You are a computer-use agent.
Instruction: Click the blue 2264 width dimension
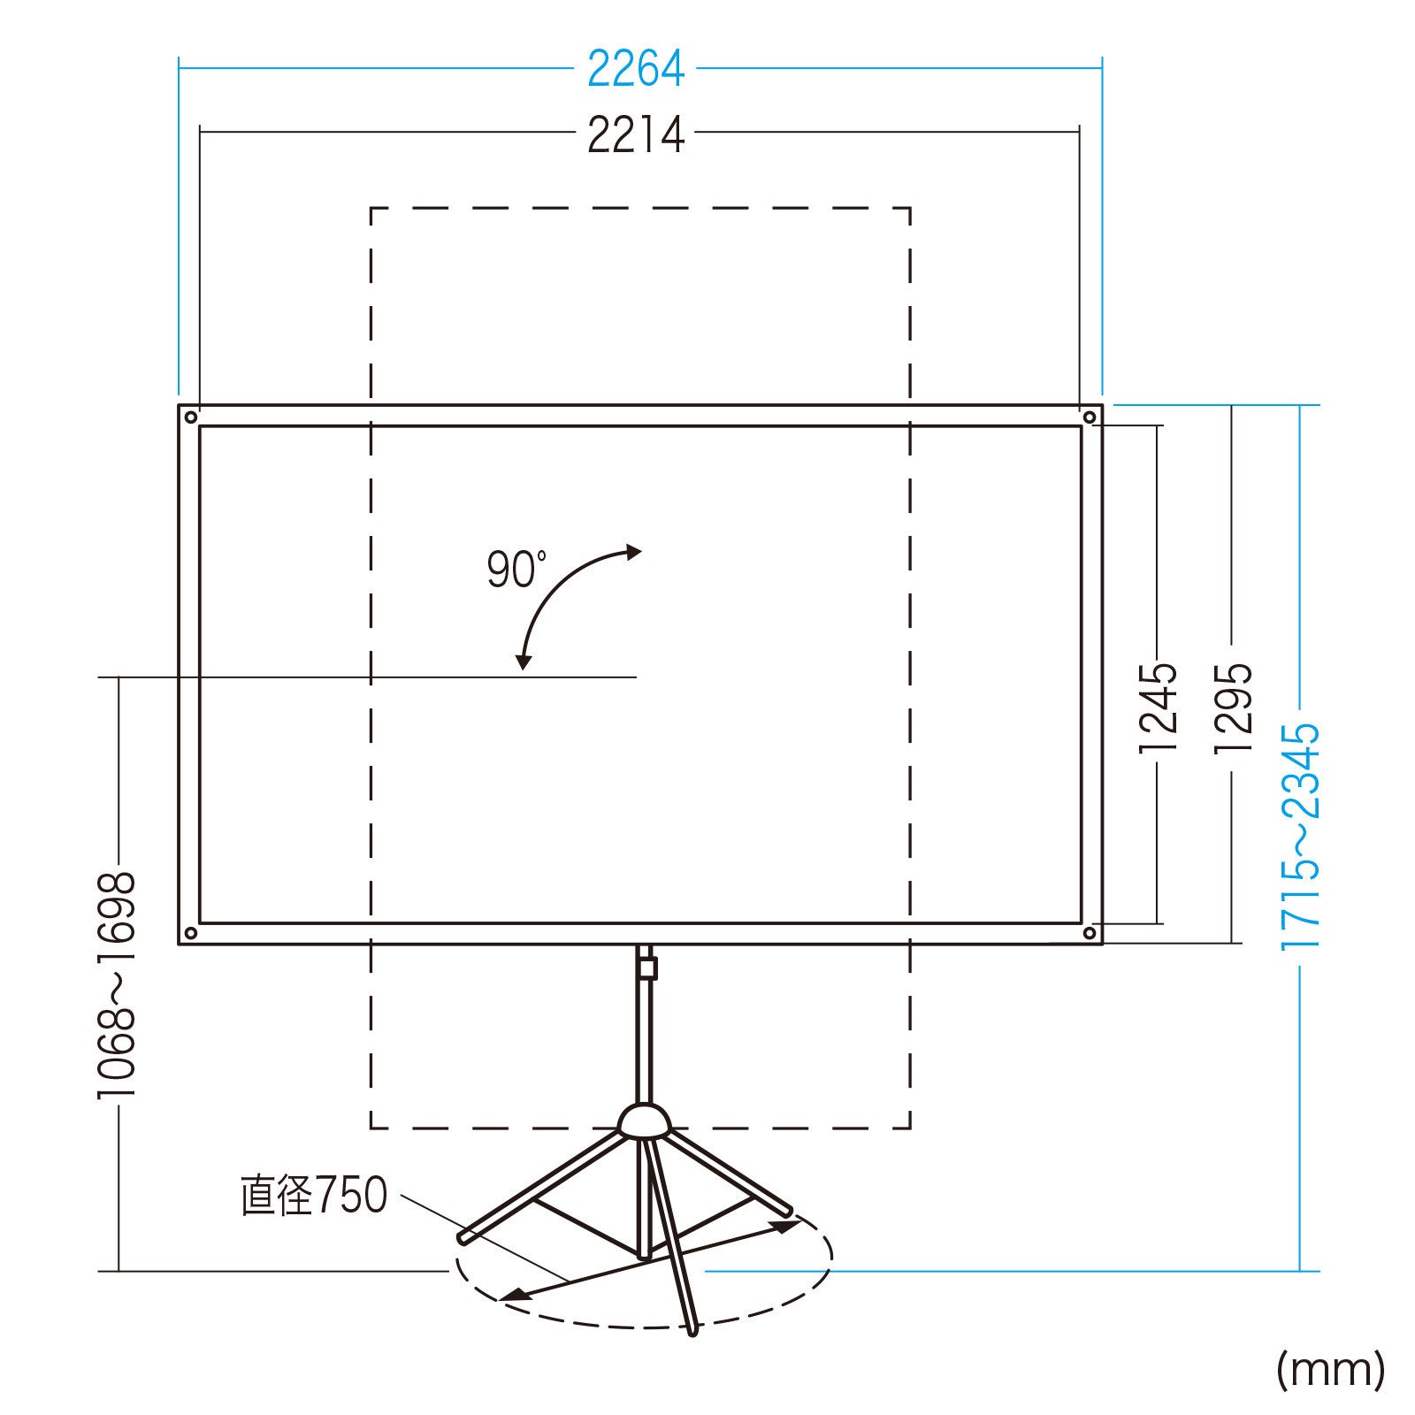click(x=636, y=68)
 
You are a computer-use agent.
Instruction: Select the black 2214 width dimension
click(x=636, y=135)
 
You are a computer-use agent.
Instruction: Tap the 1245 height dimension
click(x=1158, y=707)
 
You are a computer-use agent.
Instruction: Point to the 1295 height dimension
click(x=1233, y=707)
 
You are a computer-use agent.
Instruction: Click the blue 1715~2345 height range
click(x=1300, y=836)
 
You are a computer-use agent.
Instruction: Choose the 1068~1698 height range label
click(x=117, y=984)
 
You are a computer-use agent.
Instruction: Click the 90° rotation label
click(x=516, y=569)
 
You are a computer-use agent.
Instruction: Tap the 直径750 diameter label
click(x=314, y=1195)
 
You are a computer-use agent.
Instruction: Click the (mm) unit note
click(x=1331, y=1369)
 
